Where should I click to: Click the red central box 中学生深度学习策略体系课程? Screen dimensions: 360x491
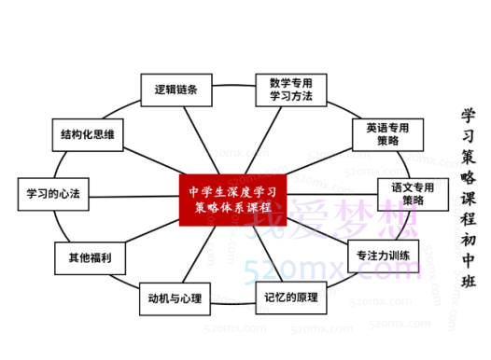click(231, 199)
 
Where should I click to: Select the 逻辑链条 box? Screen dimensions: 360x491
click(175, 90)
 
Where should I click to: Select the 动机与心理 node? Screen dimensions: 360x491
click(175, 299)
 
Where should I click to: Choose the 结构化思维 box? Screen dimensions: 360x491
click(87, 135)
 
